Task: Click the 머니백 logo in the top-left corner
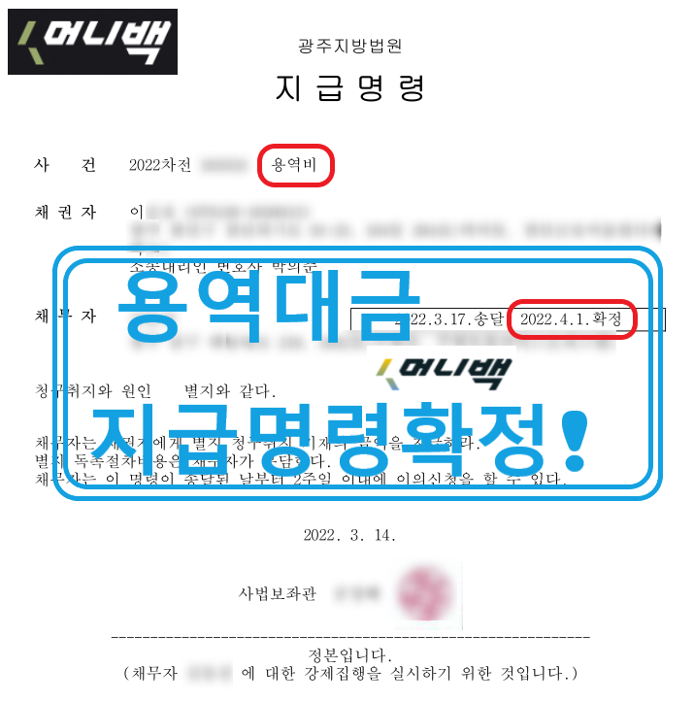coord(92,41)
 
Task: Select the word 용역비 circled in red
coord(296,165)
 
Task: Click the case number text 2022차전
coord(159,165)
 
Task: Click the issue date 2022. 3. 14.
coord(349,535)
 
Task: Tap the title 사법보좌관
coord(278,592)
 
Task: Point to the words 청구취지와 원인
coord(92,391)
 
